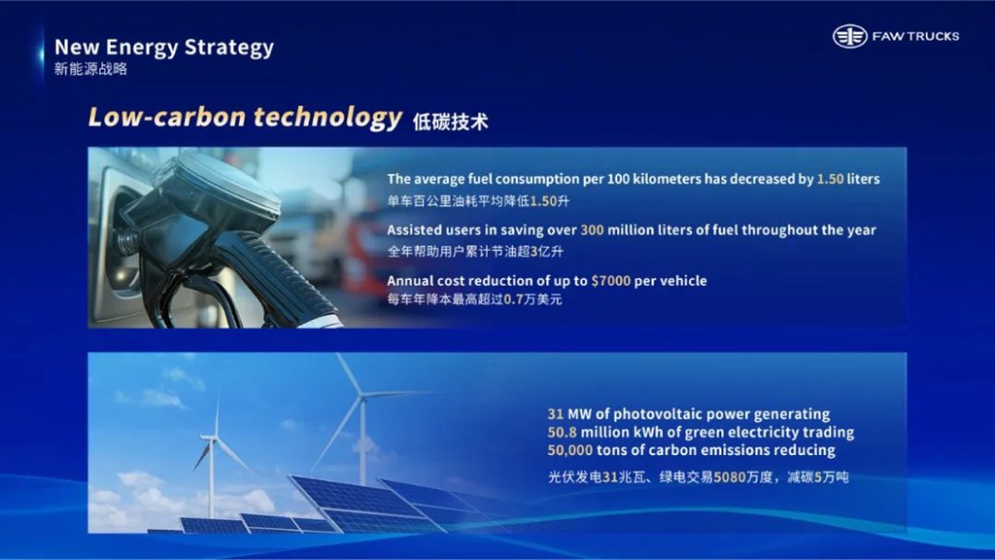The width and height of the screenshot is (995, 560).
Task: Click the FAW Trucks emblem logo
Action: [849, 36]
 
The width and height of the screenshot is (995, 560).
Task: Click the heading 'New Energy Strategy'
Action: [163, 47]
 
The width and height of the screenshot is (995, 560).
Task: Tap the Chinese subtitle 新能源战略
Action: [90, 69]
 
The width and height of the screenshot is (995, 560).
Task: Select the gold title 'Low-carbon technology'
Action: [245, 118]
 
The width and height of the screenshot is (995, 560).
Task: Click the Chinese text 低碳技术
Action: [451, 122]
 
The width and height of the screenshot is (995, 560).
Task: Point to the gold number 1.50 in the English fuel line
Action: [830, 179]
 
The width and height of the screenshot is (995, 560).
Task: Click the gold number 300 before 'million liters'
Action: [592, 229]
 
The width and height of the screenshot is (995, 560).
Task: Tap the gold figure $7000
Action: [610, 281]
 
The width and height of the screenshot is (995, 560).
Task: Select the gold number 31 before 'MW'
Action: [555, 414]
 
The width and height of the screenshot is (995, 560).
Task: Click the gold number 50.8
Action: [562, 433]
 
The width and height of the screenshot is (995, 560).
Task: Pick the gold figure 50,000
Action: [569, 450]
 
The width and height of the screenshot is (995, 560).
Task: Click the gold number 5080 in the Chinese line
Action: [730, 476]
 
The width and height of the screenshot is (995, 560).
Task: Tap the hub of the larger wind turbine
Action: [361, 398]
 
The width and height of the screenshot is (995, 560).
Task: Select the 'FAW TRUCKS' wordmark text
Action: [915, 36]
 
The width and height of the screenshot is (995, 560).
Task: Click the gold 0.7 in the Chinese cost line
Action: [514, 299]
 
